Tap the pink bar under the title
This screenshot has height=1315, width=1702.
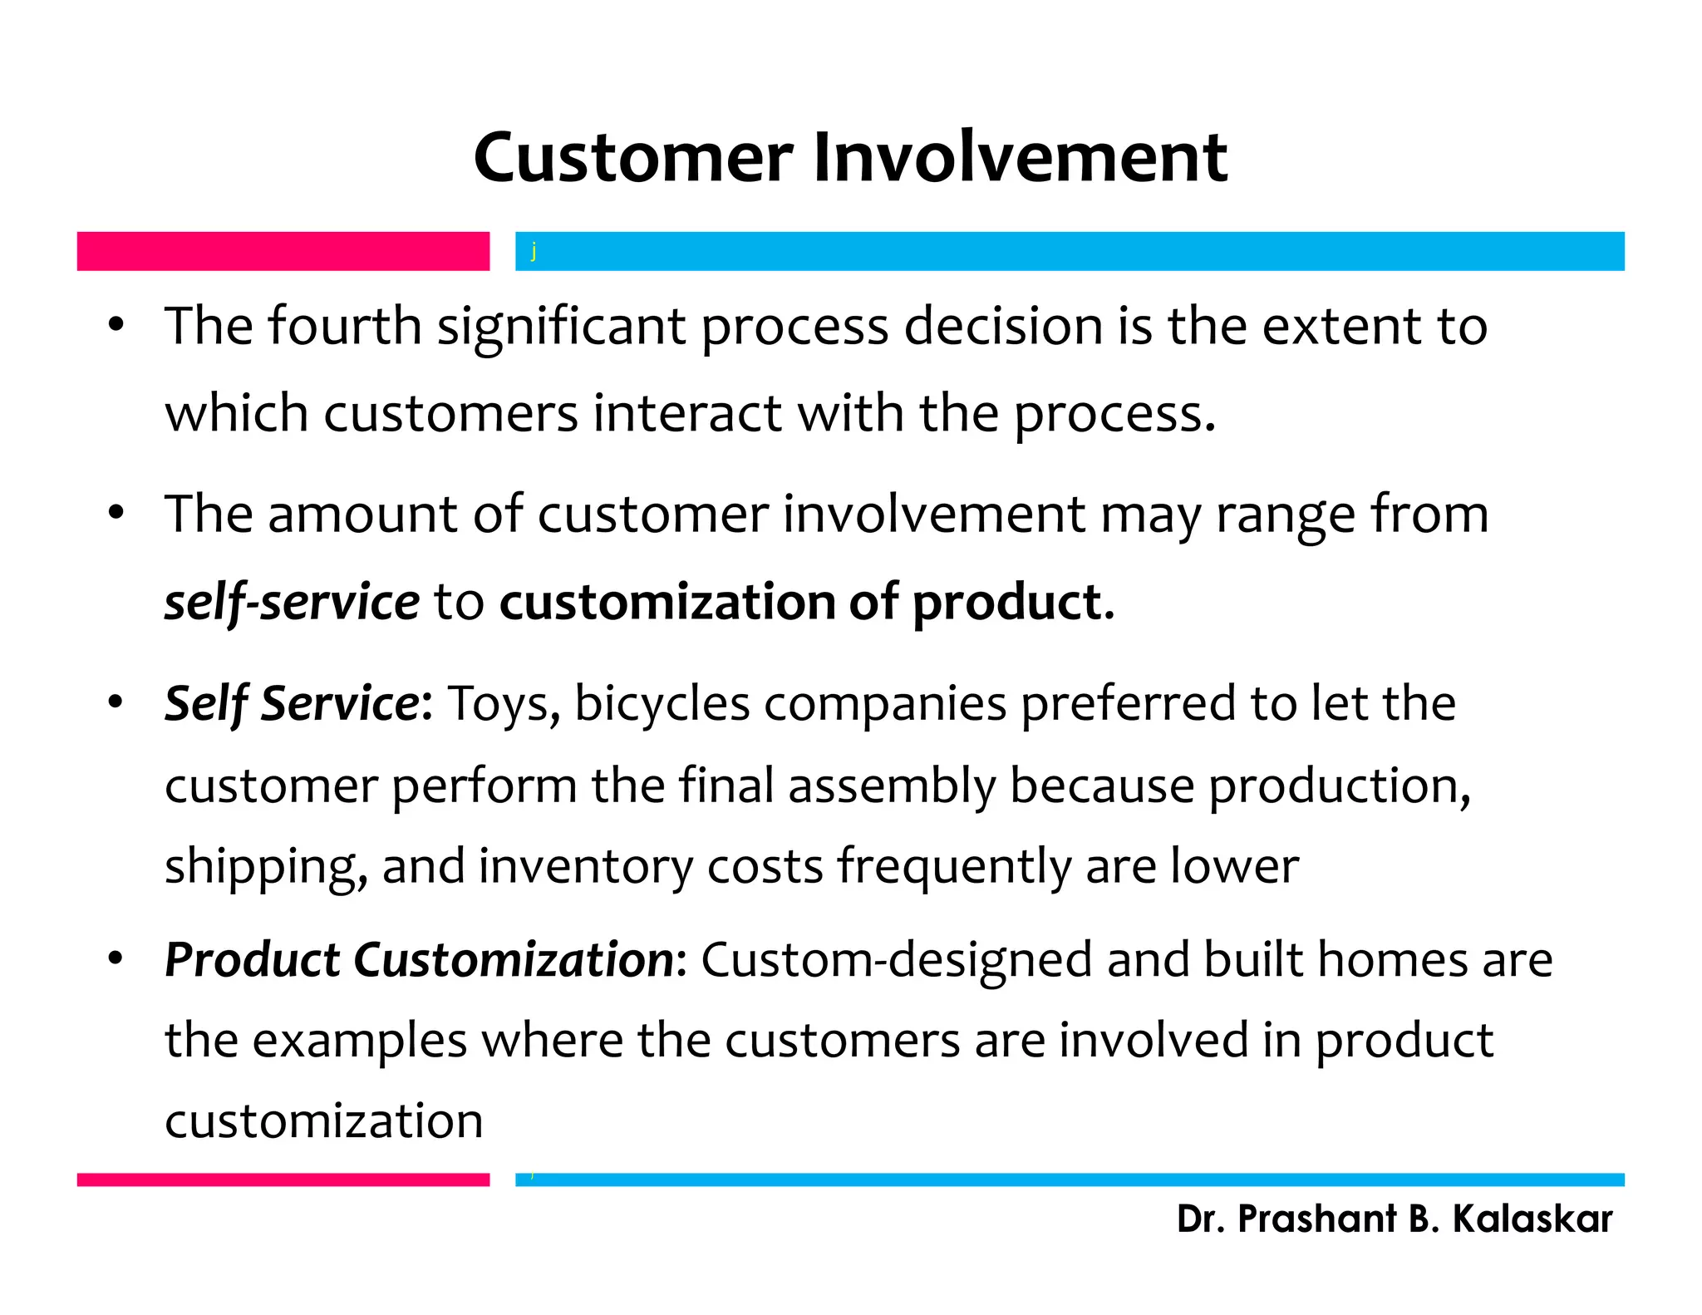(283, 251)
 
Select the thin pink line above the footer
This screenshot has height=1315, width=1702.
(283, 1180)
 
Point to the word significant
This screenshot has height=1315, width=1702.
(562, 327)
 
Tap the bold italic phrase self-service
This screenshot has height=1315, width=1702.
(292, 602)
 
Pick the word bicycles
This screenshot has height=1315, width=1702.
(662, 704)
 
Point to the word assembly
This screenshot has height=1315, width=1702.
(892, 786)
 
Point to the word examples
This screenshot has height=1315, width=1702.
(360, 1042)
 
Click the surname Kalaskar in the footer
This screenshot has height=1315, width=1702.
(1532, 1219)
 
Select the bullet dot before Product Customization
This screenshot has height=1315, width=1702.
(116, 959)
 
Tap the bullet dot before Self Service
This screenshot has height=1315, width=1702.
(116, 702)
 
